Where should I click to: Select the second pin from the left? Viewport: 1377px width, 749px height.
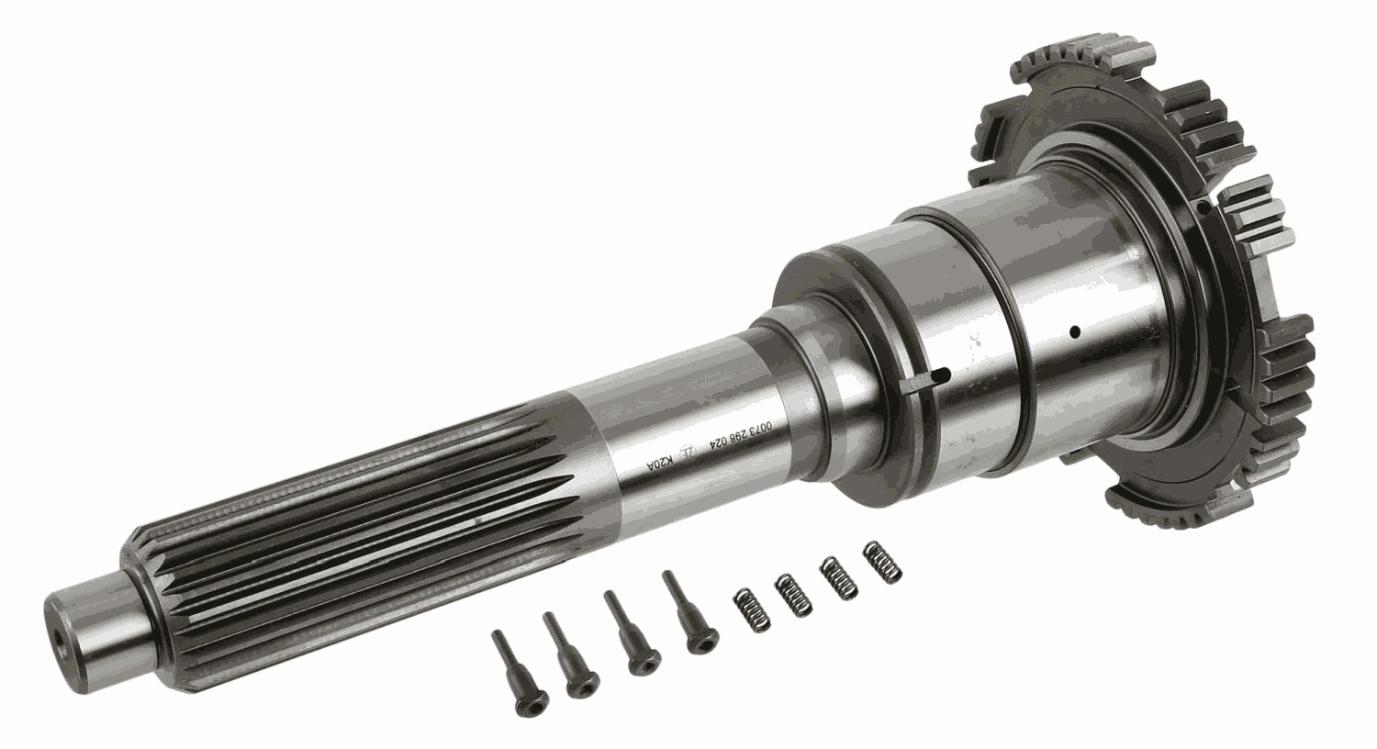pos(568,655)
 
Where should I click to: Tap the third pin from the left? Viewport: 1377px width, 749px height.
pos(629,637)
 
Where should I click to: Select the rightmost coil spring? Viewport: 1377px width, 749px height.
pos(883,561)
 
